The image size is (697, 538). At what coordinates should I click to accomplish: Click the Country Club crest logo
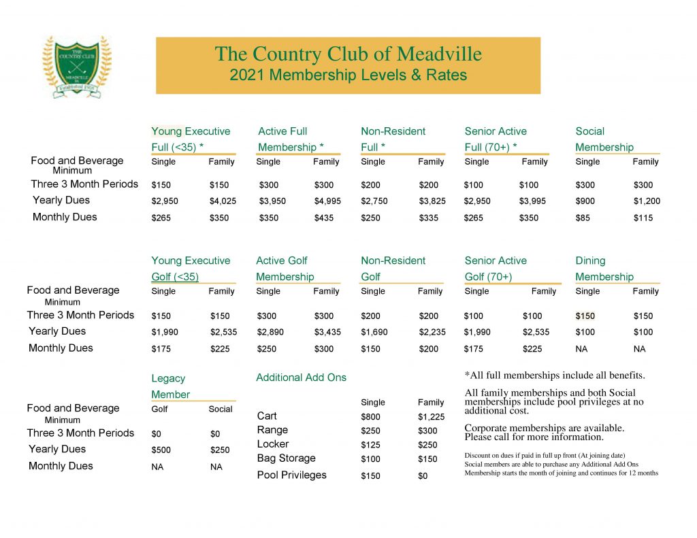pos(77,67)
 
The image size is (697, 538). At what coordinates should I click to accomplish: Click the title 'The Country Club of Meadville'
pos(348,54)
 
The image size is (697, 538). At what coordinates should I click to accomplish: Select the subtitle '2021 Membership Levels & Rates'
pos(348,75)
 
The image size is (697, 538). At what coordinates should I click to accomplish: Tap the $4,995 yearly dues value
pos(327,201)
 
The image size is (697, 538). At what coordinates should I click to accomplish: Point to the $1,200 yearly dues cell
pos(647,201)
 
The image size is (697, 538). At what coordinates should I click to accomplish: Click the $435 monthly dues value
pos(325,218)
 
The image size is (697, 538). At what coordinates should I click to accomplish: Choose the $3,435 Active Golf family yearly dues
pos(327,333)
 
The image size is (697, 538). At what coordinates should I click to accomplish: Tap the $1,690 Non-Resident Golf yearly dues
pos(374,333)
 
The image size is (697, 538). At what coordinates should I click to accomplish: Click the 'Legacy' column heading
pos(168,379)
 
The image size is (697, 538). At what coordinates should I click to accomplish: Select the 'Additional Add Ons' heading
pos(301,377)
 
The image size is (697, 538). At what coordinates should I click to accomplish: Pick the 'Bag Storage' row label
pos(286,458)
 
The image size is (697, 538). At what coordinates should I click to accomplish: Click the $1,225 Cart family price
pos(431,417)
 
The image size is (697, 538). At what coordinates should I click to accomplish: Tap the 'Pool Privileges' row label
pos(291,475)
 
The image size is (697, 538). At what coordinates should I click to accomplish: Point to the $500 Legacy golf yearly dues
pos(161,450)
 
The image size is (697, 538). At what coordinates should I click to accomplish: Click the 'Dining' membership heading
pos(590,260)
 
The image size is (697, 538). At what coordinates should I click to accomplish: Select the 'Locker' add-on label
pos(273,444)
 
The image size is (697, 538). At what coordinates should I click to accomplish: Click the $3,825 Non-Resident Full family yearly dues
pos(432,201)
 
